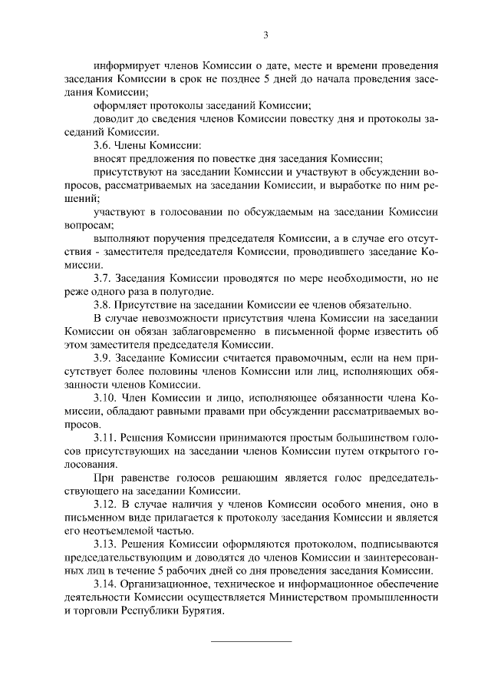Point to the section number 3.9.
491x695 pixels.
pyautogui.click(x=103, y=357)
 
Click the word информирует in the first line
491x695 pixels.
pyautogui.click(x=121, y=65)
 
